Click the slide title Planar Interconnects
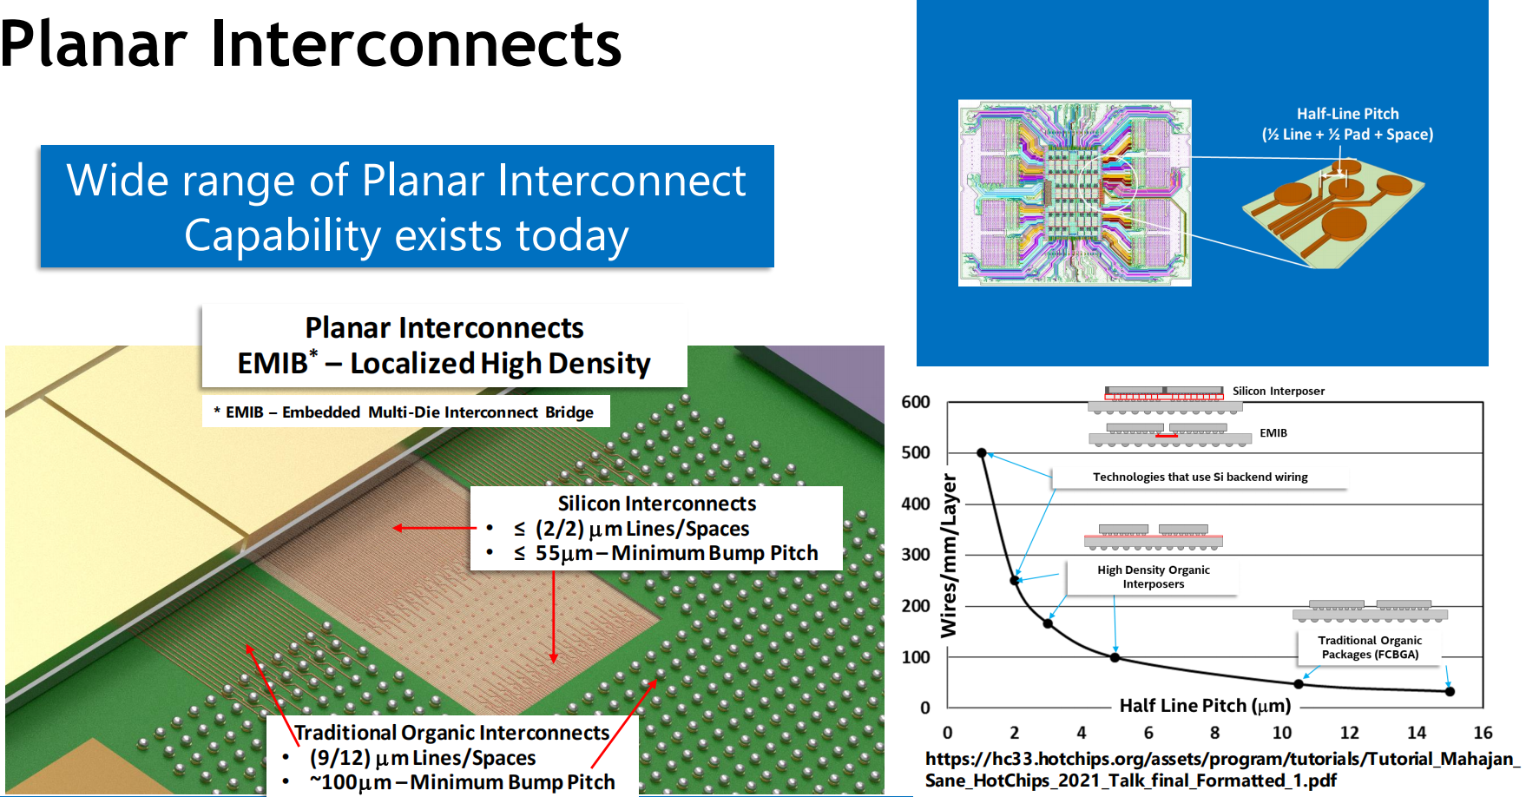[311, 43]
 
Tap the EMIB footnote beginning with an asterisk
[404, 412]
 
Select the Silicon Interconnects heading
[657, 504]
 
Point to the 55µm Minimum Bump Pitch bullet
[666, 553]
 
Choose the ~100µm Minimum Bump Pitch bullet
[462, 782]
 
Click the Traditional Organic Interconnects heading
[452, 733]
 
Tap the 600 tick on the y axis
[916, 402]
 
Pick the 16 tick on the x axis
[1483, 733]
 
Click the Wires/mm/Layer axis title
[950, 555]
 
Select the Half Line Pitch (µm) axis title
[1205, 705]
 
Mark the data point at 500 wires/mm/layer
[982, 453]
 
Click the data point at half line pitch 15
[1450, 691]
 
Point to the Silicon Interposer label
[1279, 391]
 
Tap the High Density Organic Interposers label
[1154, 576]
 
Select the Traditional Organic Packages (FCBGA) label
[1370, 647]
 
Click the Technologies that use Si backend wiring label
[1200, 477]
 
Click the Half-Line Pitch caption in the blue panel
[1347, 124]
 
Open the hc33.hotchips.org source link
[1222, 769]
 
